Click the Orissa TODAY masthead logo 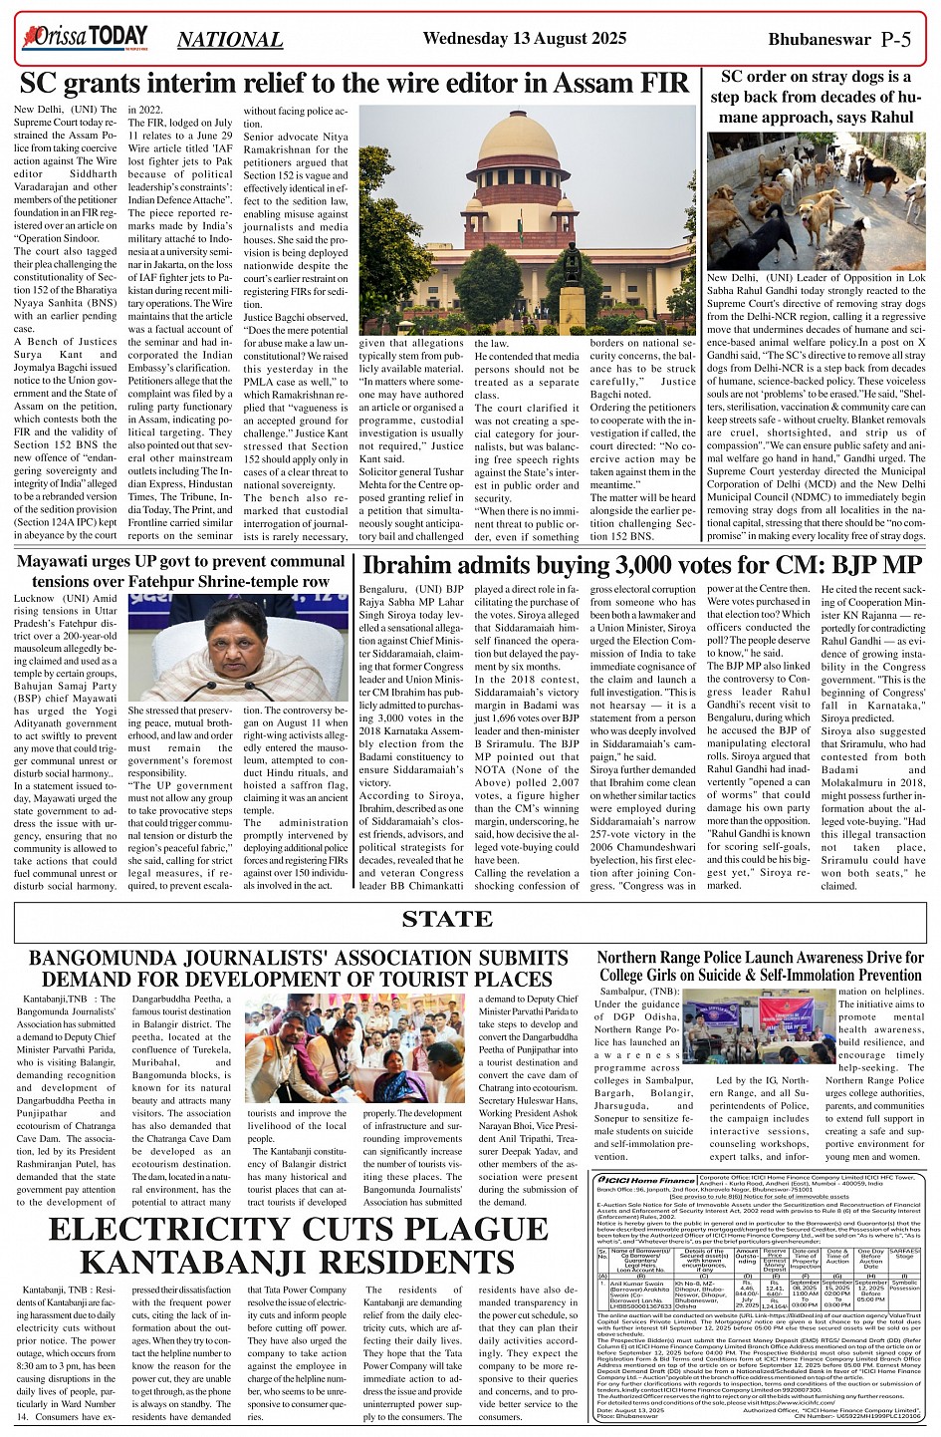pyautogui.click(x=85, y=38)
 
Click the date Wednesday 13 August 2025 pyautogui.click(x=525, y=38)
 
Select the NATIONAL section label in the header pyautogui.click(x=230, y=40)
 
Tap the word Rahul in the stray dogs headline pyautogui.click(x=891, y=117)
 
